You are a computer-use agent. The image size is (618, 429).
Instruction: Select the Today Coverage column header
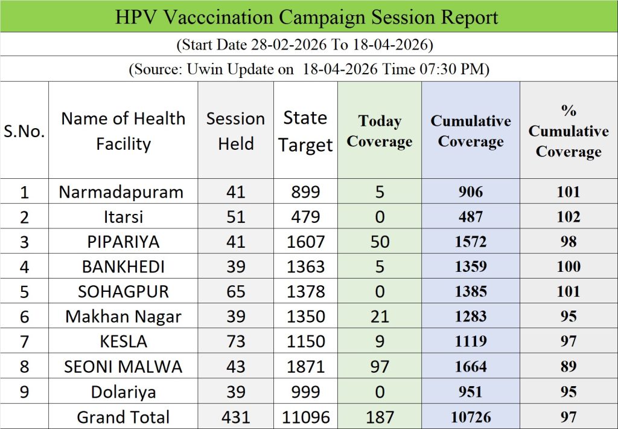click(379, 131)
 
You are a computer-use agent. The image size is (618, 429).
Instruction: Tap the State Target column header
click(305, 131)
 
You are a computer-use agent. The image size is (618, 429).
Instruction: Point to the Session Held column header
click(235, 131)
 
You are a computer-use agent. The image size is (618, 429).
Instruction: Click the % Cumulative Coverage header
click(568, 131)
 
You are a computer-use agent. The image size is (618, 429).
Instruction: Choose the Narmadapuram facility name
click(121, 192)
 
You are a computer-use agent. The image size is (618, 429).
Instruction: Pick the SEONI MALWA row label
click(123, 366)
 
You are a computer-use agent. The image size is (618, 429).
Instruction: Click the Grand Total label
click(123, 417)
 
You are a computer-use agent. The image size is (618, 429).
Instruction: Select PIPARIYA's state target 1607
click(305, 242)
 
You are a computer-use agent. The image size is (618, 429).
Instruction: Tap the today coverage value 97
click(379, 366)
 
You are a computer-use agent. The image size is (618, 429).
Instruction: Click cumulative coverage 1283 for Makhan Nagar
click(471, 317)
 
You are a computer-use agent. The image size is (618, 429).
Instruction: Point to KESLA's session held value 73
click(235, 341)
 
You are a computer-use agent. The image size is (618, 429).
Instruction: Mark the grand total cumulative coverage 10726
click(471, 417)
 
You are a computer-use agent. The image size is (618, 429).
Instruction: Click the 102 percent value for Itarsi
click(568, 217)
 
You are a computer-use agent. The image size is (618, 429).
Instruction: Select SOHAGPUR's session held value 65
click(235, 292)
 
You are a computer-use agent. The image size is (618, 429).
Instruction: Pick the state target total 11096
click(305, 417)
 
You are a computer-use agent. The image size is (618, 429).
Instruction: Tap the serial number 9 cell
click(24, 392)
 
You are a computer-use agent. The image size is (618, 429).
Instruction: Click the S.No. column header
click(24, 131)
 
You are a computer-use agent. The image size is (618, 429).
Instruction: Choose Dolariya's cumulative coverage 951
click(471, 392)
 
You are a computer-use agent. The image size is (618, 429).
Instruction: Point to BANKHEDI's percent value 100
click(568, 266)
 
